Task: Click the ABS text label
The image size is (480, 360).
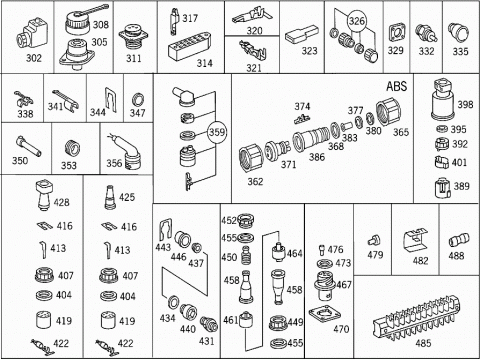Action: pos(397,86)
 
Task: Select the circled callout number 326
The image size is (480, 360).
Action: pos(356,21)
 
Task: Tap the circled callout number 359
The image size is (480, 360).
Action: pos(217,132)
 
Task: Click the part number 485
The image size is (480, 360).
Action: pos(423,343)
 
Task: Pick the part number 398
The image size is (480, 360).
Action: pos(465,105)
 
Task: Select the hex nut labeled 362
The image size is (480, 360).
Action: pos(251,158)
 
